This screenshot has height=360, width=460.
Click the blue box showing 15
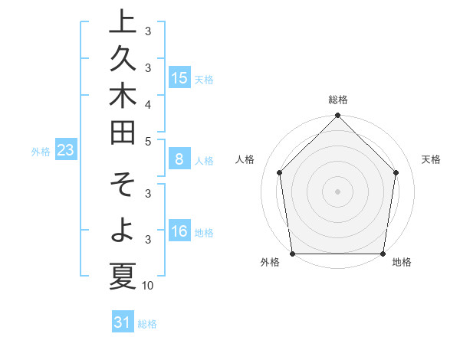(179, 77)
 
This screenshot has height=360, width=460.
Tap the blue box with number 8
(179, 159)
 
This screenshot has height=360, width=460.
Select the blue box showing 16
(179, 231)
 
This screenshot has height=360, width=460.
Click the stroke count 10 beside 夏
(148, 286)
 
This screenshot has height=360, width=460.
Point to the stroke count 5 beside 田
(148, 141)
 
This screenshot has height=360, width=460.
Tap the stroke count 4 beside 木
(148, 104)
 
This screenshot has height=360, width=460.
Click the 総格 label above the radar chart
(337, 100)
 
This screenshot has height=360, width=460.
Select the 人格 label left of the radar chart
(245, 159)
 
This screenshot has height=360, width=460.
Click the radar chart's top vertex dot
(337, 116)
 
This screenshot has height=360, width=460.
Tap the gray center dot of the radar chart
(337, 191)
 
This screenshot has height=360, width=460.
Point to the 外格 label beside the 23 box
(41, 152)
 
